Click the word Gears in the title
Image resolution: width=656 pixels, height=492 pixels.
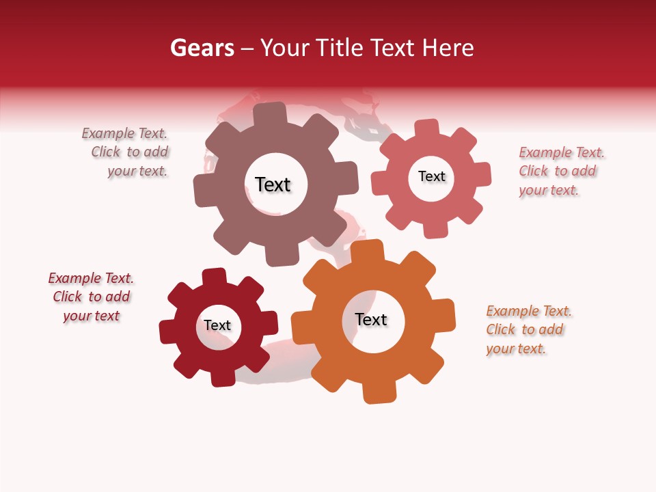tap(202, 48)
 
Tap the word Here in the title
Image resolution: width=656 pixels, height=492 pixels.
tap(448, 48)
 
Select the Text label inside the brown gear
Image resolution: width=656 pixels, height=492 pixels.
tap(273, 184)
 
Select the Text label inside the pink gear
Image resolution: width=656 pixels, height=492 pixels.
tap(431, 176)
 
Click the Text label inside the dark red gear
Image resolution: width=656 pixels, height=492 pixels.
tap(217, 325)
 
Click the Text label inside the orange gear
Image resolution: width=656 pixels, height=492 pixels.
tap(371, 320)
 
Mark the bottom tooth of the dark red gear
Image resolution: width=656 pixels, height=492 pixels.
tap(222, 377)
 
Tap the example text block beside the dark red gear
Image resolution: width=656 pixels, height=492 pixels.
tap(91, 297)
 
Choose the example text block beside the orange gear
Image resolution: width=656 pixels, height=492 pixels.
tap(528, 330)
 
